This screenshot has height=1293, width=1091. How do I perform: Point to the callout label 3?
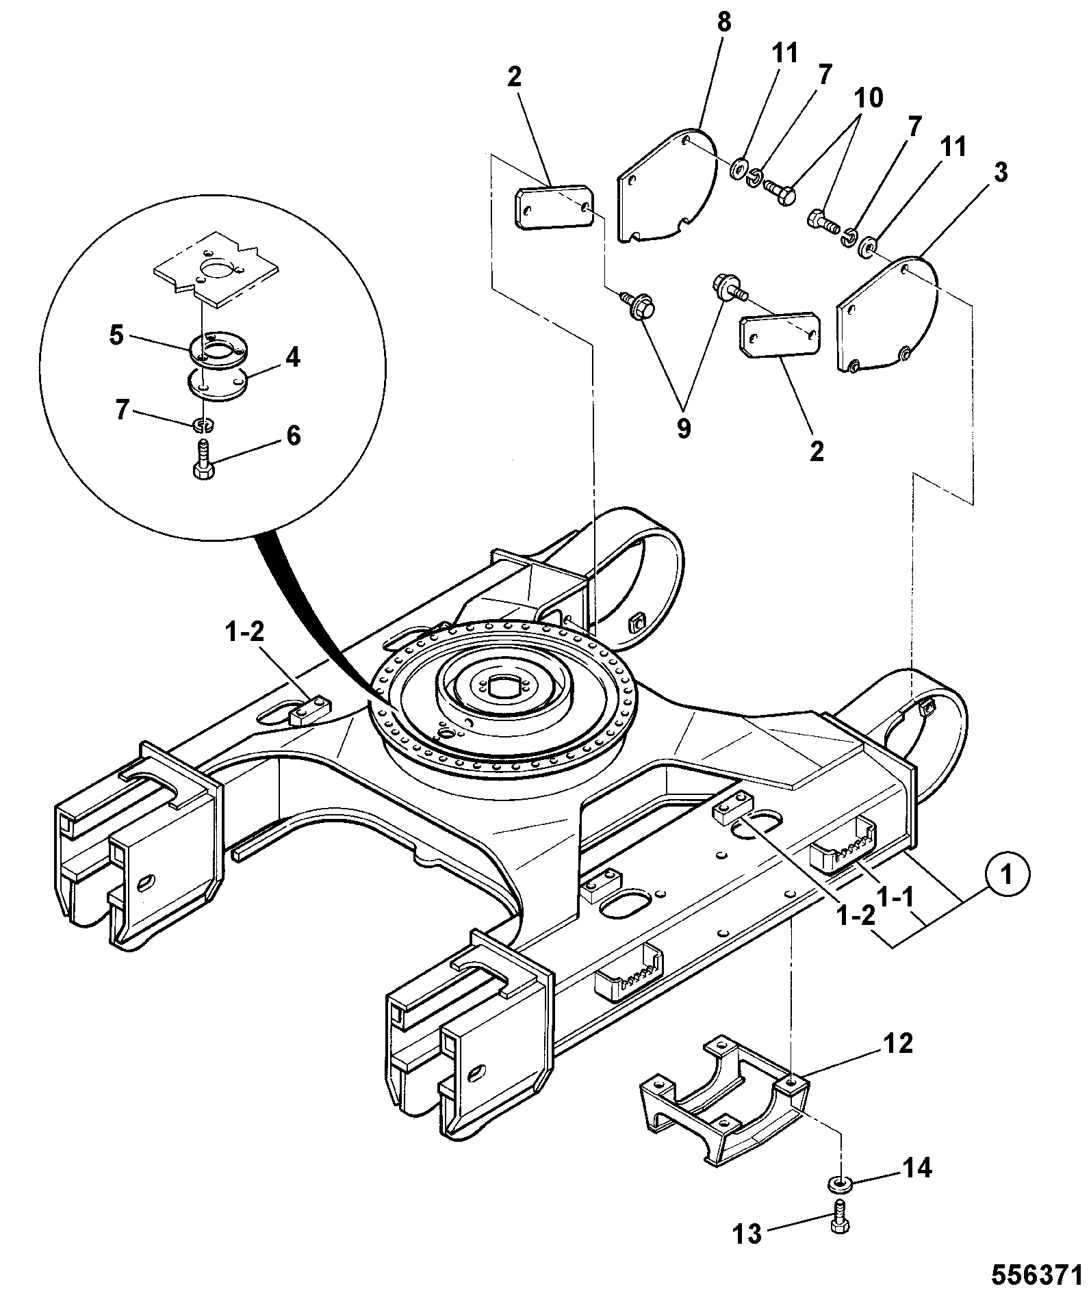coord(1000,174)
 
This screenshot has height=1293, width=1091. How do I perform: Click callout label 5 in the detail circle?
coord(117,337)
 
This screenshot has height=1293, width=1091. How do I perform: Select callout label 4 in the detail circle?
coord(292,357)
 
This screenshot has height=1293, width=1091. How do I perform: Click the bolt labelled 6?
coord(203,460)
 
